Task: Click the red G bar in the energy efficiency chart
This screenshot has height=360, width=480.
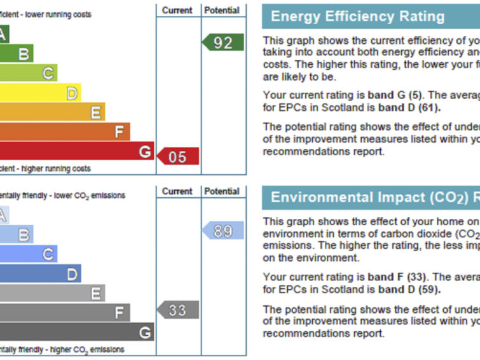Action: [x=76, y=151]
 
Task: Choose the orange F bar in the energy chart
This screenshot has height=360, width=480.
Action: [x=64, y=132]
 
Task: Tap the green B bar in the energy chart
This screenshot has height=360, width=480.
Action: [x=17, y=53]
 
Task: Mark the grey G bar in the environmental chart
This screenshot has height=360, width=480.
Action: [x=76, y=331]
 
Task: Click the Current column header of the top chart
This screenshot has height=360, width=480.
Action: [x=177, y=10]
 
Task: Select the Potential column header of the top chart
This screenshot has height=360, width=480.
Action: [x=223, y=10]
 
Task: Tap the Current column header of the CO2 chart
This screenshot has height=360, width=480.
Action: [x=177, y=191]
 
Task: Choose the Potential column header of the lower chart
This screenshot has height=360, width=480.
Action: [x=223, y=191]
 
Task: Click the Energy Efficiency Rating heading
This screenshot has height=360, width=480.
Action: [x=358, y=17]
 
